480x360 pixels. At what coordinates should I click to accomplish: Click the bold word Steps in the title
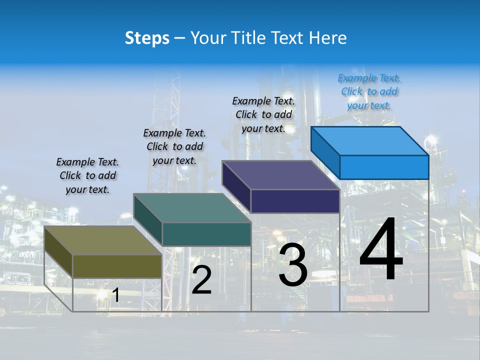[x=147, y=38]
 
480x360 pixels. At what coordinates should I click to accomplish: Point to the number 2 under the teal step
[x=202, y=279]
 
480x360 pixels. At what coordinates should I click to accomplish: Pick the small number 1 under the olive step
[x=115, y=295]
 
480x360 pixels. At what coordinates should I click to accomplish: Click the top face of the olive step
[x=102, y=240]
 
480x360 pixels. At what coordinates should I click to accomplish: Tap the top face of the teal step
[x=191, y=208]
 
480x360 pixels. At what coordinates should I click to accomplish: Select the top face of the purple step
[x=280, y=175]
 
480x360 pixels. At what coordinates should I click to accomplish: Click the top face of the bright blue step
[x=369, y=141]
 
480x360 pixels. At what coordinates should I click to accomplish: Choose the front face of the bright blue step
[x=384, y=167]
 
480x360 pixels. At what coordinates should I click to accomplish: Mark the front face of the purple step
[x=295, y=201]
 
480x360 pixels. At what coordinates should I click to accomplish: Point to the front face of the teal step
[x=206, y=234]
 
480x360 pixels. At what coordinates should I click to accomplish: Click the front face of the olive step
[x=117, y=266]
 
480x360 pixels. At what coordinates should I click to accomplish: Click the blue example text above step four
[x=369, y=91]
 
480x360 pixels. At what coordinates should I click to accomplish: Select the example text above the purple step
[x=263, y=114]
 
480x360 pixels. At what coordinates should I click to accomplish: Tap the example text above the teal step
[x=174, y=146]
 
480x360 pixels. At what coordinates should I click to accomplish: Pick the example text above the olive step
[x=87, y=175]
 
